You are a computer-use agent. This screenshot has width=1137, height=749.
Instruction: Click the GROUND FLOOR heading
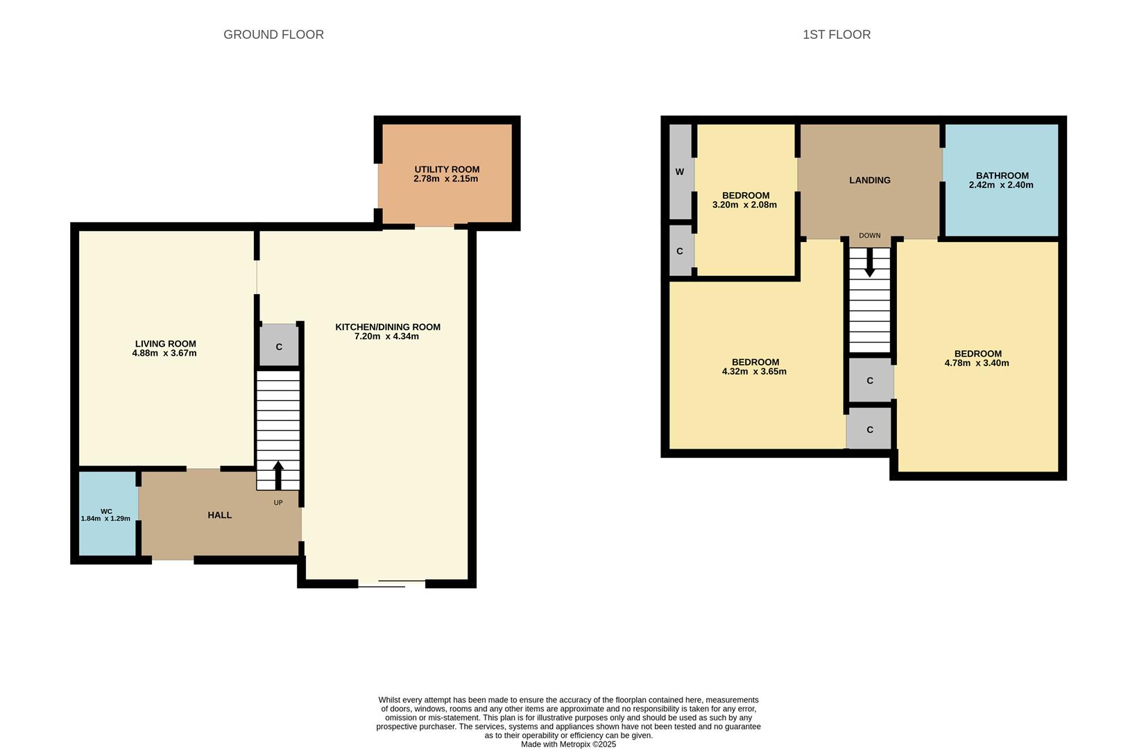[273, 35]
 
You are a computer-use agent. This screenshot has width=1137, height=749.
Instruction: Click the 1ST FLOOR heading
[836, 35]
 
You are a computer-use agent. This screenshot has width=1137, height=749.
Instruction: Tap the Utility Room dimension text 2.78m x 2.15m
[445, 179]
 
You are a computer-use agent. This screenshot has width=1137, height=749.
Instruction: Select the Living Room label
[165, 343]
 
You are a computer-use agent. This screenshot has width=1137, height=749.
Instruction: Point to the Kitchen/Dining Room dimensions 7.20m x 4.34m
[386, 336]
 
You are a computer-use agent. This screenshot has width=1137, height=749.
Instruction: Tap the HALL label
[220, 515]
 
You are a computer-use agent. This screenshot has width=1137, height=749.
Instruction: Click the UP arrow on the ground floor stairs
[278, 475]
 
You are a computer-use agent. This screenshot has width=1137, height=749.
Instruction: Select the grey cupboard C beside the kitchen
[279, 346]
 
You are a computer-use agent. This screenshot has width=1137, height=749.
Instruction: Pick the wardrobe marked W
[680, 172]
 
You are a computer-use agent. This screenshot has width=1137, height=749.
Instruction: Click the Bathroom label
[1002, 175]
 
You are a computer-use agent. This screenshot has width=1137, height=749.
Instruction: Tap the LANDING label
[869, 180]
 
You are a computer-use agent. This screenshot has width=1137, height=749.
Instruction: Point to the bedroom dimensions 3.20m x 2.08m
[744, 205]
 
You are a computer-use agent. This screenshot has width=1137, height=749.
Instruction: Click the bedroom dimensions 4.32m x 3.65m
[754, 372]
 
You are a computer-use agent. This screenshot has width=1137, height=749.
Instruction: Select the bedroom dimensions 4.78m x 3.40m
[977, 363]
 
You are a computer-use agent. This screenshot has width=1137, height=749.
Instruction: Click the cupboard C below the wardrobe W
[680, 251]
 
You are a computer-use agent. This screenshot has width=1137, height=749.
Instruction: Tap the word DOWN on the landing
[869, 236]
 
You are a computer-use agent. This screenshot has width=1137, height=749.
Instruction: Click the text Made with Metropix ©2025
[568, 744]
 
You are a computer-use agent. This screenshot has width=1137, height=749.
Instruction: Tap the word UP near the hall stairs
[278, 503]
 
